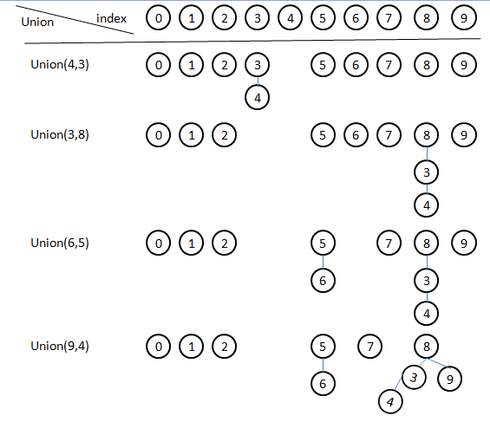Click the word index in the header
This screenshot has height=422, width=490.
(x=112, y=18)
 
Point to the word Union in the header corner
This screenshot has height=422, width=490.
(x=36, y=23)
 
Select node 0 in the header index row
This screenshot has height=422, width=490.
(x=158, y=18)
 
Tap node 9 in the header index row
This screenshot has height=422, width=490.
(x=466, y=18)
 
